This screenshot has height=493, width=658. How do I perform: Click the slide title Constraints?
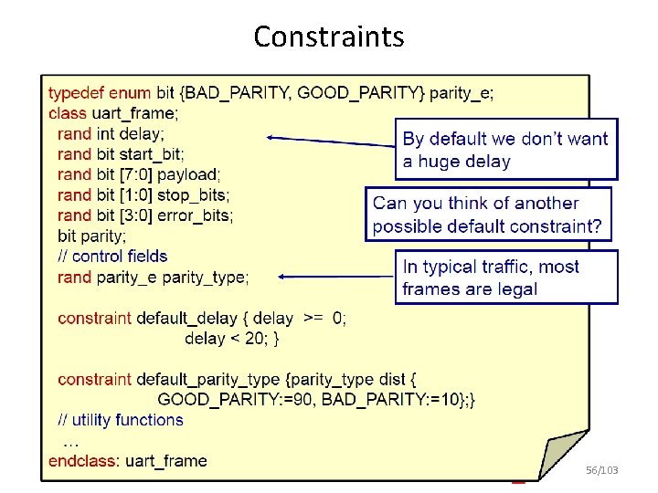click(328, 37)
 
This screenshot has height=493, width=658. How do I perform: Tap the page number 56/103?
click(600, 470)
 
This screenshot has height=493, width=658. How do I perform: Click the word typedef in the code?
click(76, 92)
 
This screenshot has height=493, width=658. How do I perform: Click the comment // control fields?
click(112, 257)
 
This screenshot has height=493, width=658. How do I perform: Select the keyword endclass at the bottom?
click(84, 461)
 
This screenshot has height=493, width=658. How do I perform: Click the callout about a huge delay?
click(505, 150)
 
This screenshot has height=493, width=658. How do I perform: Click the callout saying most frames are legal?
click(505, 278)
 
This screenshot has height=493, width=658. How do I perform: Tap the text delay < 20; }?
click(232, 339)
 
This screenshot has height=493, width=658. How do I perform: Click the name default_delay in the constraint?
click(191, 319)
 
